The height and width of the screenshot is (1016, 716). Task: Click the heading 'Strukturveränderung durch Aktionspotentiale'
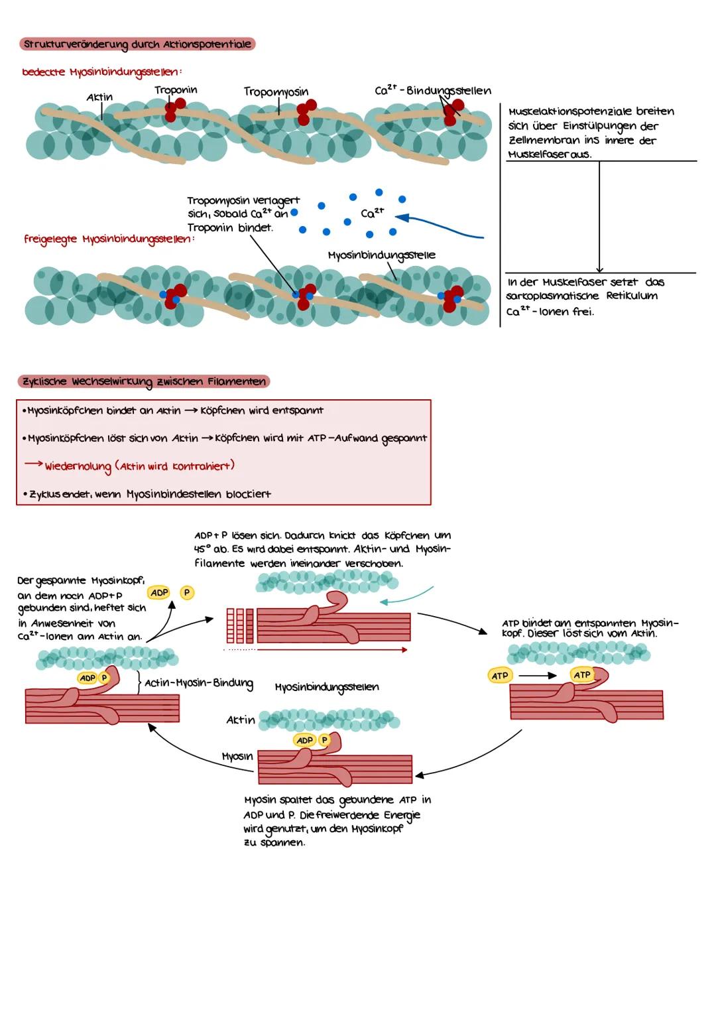click(x=137, y=44)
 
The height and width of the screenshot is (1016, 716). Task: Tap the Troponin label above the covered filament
click(x=176, y=90)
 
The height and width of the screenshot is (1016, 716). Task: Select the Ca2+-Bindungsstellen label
click(x=433, y=90)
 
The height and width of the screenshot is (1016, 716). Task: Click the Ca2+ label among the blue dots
click(x=373, y=213)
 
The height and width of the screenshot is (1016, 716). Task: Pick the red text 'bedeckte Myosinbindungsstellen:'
click(x=102, y=72)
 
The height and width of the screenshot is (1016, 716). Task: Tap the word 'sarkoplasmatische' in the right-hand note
click(x=553, y=296)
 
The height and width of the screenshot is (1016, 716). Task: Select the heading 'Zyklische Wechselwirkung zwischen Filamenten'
click(x=143, y=381)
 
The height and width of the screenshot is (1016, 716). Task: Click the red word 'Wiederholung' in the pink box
click(x=78, y=466)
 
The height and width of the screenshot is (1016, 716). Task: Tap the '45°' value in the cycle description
click(x=202, y=549)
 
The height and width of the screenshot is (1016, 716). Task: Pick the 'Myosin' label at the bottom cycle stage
click(x=237, y=756)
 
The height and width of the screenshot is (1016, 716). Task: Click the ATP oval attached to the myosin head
click(x=582, y=675)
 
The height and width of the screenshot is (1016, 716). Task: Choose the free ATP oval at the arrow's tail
click(x=499, y=676)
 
